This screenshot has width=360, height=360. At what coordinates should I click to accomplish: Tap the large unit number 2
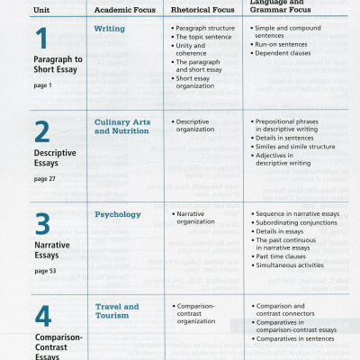coord(42,131)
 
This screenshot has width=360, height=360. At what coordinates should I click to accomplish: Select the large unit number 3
coord(42,221)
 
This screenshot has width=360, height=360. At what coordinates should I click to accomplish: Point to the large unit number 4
coord(42,316)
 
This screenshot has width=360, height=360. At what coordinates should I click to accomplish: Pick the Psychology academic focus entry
coord(118,214)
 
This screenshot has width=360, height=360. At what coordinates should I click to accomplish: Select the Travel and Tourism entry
coord(117,311)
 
